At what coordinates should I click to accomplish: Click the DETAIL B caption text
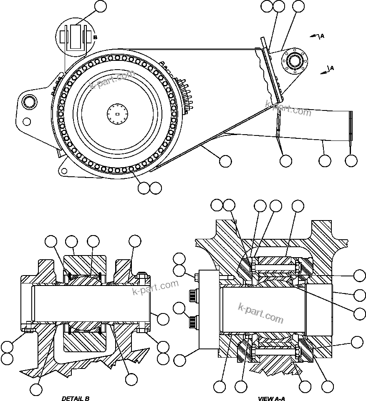coord(76,398)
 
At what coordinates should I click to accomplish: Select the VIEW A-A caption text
coord(271,398)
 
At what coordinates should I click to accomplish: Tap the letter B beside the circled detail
coord(95,37)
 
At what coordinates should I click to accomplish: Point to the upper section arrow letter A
coord(322,36)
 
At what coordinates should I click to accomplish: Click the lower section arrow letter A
coord(332,68)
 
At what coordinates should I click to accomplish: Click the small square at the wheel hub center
coord(117,114)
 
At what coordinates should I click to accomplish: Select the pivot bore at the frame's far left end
coord(30,101)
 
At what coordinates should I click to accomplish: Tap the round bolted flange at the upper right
coord(295,61)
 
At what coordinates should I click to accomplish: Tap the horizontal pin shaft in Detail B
coord(88,303)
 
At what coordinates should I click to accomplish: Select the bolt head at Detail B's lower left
coord(29,329)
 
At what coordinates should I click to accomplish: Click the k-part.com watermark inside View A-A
coord(261,313)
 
